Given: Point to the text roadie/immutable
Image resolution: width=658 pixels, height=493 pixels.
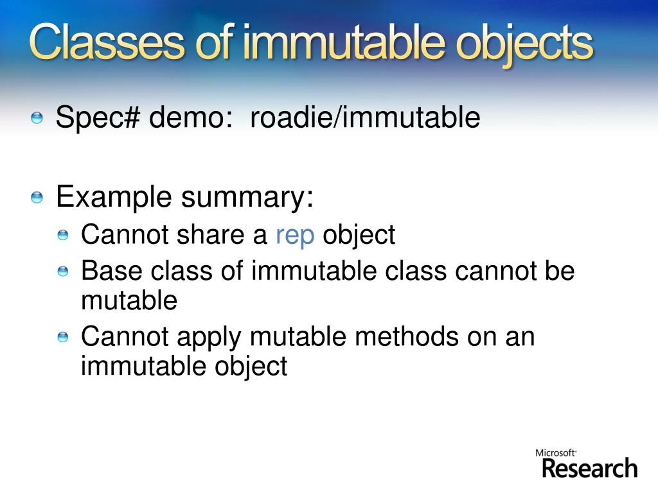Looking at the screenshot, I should click(365, 118).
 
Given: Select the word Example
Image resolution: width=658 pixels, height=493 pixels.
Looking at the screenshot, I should click(114, 196).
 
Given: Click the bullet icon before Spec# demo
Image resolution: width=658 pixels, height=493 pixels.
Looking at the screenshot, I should click(37, 117).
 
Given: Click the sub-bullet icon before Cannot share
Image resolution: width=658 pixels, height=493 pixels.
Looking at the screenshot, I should click(62, 236).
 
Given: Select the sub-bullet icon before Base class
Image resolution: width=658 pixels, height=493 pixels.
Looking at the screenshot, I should click(62, 272).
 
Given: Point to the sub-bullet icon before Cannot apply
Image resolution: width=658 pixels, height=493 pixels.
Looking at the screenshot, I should click(62, 337).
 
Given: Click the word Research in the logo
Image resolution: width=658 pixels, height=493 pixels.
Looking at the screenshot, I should click(589, 468).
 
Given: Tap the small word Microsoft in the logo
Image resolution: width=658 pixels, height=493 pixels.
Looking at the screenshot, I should click(555, 453).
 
